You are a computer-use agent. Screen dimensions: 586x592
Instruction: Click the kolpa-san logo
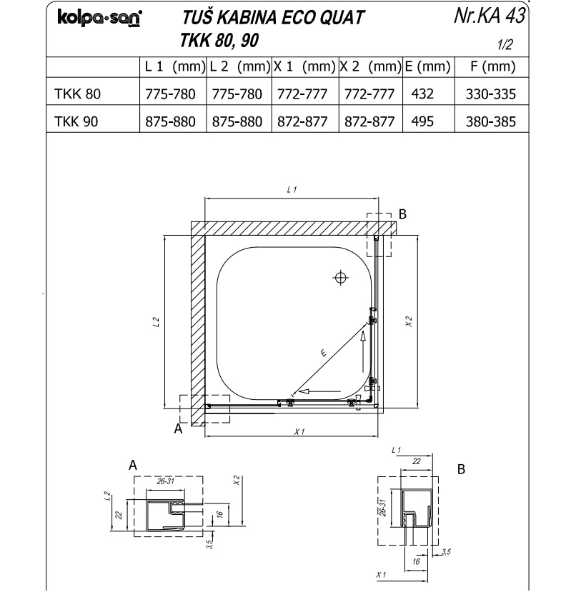point(100,18)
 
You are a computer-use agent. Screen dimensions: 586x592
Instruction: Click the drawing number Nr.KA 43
point(490,15)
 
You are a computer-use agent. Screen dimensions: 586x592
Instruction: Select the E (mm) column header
point(427,66)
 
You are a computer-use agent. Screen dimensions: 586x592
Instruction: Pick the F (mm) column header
point(492,66)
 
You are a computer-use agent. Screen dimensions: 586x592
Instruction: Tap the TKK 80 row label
point(77,94)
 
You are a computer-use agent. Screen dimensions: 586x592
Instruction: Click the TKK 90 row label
point(76,121)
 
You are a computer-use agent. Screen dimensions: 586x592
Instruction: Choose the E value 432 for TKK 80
point(422,94)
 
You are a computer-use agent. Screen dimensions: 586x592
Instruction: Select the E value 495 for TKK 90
point(422,121)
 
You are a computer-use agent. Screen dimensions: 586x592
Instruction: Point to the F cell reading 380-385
point(491,121)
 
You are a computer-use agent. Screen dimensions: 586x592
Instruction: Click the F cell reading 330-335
point(491,94)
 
